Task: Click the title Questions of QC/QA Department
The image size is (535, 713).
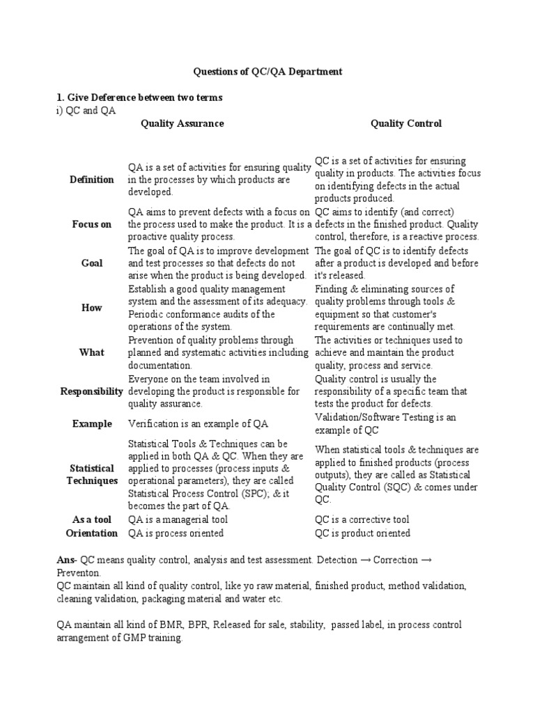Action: (267, 72)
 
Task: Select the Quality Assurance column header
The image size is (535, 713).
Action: (183, 123)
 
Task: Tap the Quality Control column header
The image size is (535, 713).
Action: (406, 123)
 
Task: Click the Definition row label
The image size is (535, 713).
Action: (91, 180)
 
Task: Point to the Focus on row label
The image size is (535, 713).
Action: (91, 224)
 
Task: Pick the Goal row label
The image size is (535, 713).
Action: (91, 263)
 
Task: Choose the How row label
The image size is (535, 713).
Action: (91, 308)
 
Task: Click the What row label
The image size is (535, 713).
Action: (91, 352)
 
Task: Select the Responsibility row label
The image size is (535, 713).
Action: (91, 391)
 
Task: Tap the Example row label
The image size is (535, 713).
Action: (91, 424)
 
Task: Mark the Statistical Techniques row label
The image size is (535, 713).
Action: (91, 474)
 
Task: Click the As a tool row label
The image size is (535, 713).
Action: (91, 519)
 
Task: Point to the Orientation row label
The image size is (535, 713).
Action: (91, 533)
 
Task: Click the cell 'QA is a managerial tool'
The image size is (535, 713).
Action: (178, 519)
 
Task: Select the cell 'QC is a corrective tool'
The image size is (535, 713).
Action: (362, 519)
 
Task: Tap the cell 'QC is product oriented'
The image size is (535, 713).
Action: (362, 533)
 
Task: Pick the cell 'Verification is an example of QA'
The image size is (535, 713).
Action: (199, 424)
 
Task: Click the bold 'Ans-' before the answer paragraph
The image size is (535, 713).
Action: (67, 560)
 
